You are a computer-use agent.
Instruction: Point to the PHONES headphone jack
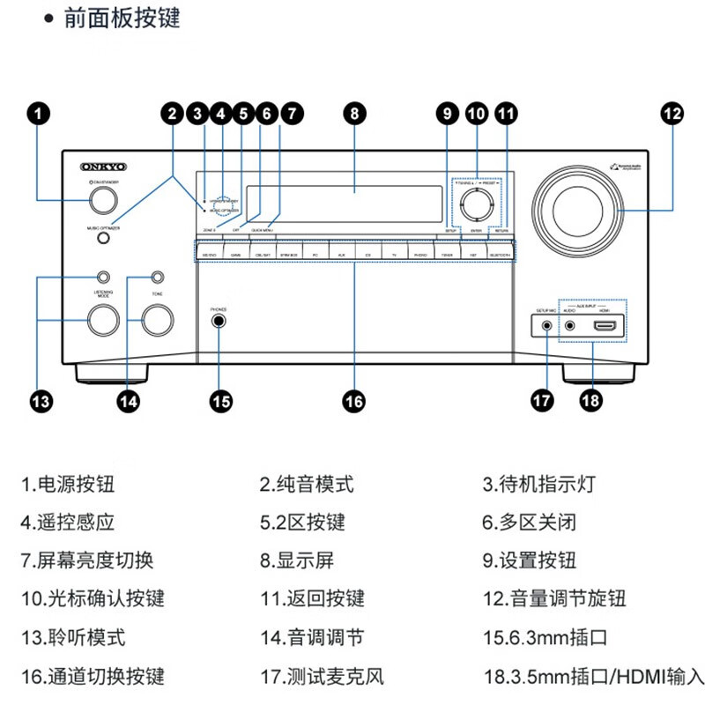pyautogui.click(x=219, y=323)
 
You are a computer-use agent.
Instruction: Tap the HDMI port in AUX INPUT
pyautogui.click(x=605, y=326)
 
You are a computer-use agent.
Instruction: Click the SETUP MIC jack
pyautogui.click(x=547, y=325)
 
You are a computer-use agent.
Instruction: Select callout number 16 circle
pyautogui.click(x=352, y=401)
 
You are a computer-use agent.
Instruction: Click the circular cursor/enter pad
pyautogui.click(x=476, y=202)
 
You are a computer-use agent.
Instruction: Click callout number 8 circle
pyautogui.click(x=352, y=113)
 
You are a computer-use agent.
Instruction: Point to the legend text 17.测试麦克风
pyautogui.click(x=323, y=677)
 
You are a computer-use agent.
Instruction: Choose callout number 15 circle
pyautogui.click(x=220, y=401)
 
